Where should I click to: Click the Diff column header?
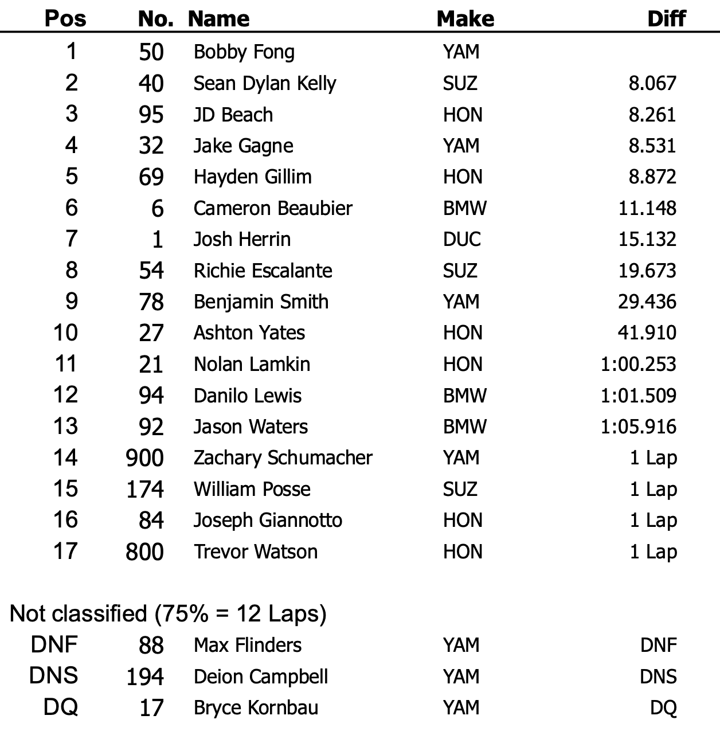click(666, 18)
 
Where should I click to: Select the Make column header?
click(465, 18)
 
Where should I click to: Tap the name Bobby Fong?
click(244, 52)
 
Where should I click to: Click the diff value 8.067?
click(652, 83)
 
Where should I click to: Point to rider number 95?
click(151, 115)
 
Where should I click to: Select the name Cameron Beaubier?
click(273, 208)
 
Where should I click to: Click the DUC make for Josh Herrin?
click(461, 239)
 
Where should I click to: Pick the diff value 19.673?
click(647, 271)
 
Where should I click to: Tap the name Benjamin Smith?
click(261, 302)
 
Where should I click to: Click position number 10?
click(65, 333)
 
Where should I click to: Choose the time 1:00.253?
click(639, 364)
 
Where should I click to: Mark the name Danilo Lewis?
click(247, 396)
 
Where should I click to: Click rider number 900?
click(145, 458)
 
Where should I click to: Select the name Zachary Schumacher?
click(283, 458)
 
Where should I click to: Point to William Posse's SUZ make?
click(460, 489)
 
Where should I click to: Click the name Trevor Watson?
click(255, 552)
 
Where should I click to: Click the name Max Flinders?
click(247, 645)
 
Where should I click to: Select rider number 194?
click(145, 677)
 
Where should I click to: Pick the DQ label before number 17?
click(60, 707)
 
